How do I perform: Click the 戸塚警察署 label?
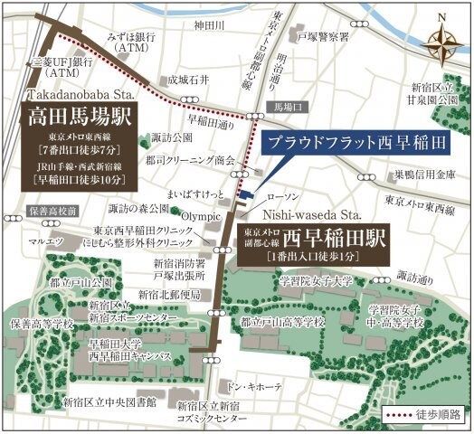pyautogui.click(x=323, y=38)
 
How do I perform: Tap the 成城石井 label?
pyautogui.click(x=188, y=80)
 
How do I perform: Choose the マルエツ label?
pyautogui.click(x=44, y=242)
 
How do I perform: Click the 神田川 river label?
pyautogui.click(x=208, y=24)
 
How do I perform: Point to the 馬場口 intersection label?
pyautogui.click(x=288, y=106)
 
